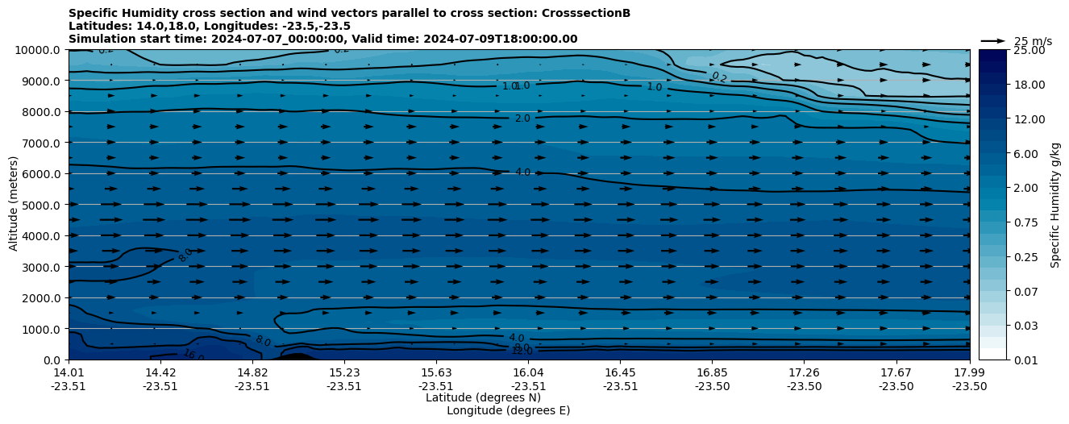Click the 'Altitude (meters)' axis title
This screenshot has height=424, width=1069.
pos(14,205)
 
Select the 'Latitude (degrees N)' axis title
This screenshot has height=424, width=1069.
pos(483,397)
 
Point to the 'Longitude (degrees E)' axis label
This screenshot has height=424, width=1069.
pos(508,410)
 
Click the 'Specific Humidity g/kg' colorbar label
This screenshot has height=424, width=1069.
pos(1054,205)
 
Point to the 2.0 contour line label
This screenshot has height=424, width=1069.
pos(522,118)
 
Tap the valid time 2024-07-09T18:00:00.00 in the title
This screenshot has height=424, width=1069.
pos(499,39)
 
